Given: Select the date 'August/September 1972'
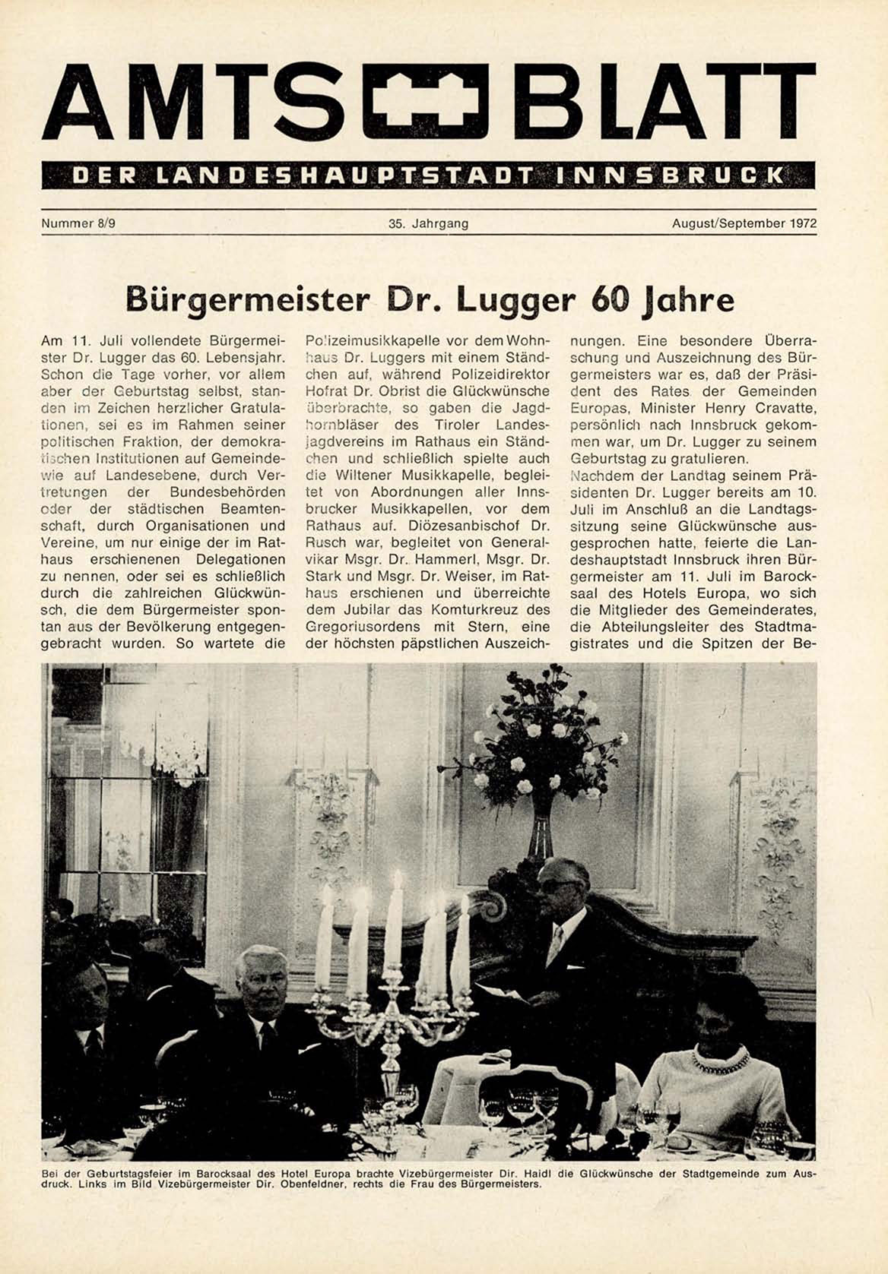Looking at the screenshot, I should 744,224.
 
